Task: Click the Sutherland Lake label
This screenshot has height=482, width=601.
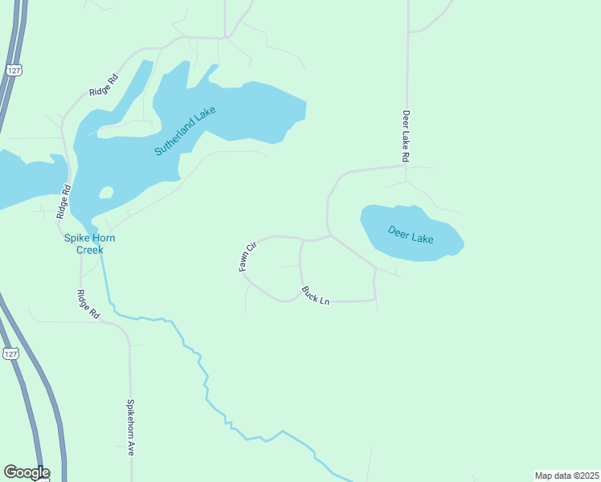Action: tap(186, 131)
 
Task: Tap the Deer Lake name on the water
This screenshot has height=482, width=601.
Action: tap(411, 235)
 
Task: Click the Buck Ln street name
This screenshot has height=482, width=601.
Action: tap(316, 295)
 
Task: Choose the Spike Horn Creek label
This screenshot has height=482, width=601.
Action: tap(84, 243)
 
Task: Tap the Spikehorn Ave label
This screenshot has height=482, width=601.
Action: tap(130, 427)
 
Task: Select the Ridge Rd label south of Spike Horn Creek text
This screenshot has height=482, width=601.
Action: tap(88, 304)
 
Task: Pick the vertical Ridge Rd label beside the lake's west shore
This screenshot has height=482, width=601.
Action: tap(64, 202)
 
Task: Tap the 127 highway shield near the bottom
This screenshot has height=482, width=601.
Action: tap(10, 353)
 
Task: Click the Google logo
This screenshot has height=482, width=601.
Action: tap(27, 472)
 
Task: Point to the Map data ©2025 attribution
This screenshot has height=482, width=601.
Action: tap(566, 475)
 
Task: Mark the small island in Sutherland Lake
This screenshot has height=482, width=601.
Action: tap(105, 193)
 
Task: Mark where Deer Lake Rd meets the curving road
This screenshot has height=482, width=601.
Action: tap(406, 165)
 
